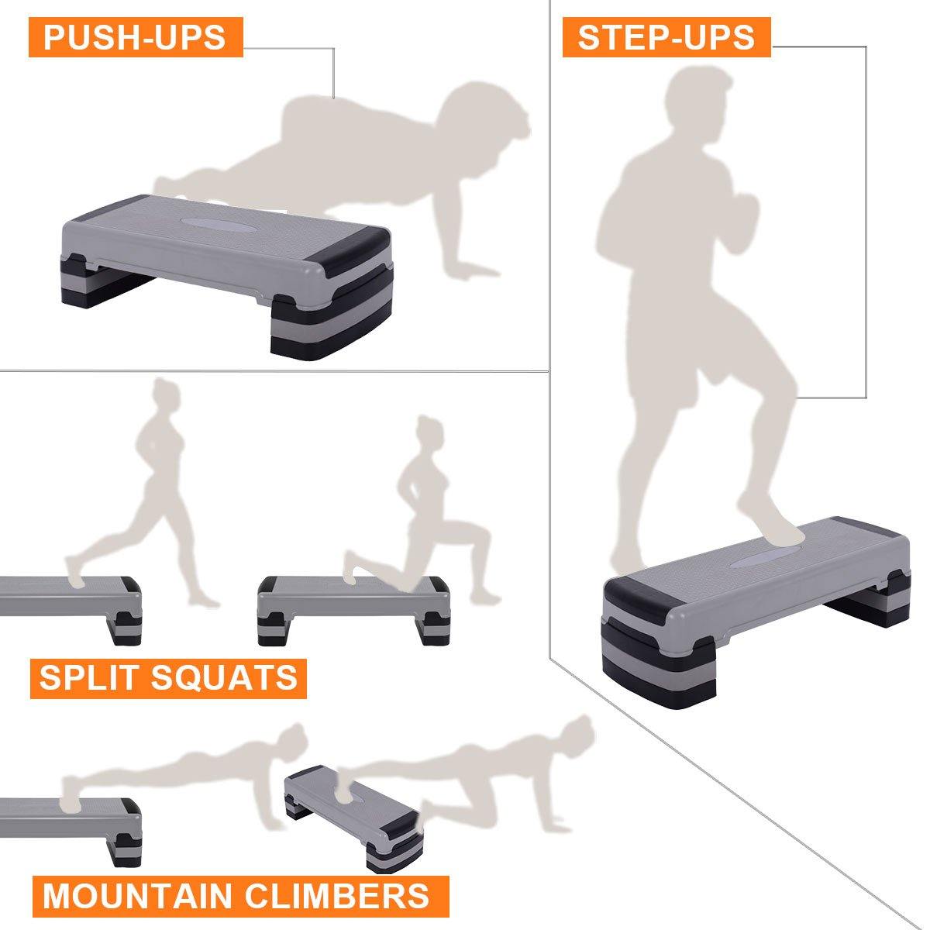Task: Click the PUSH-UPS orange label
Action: click(136, 37)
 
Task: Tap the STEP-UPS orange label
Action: click(666, 37)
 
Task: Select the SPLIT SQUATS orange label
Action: click(168, 677)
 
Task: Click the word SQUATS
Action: click(224, 677)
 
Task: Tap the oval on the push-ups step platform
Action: click(213, 224)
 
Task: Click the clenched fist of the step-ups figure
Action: click(744, 222)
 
